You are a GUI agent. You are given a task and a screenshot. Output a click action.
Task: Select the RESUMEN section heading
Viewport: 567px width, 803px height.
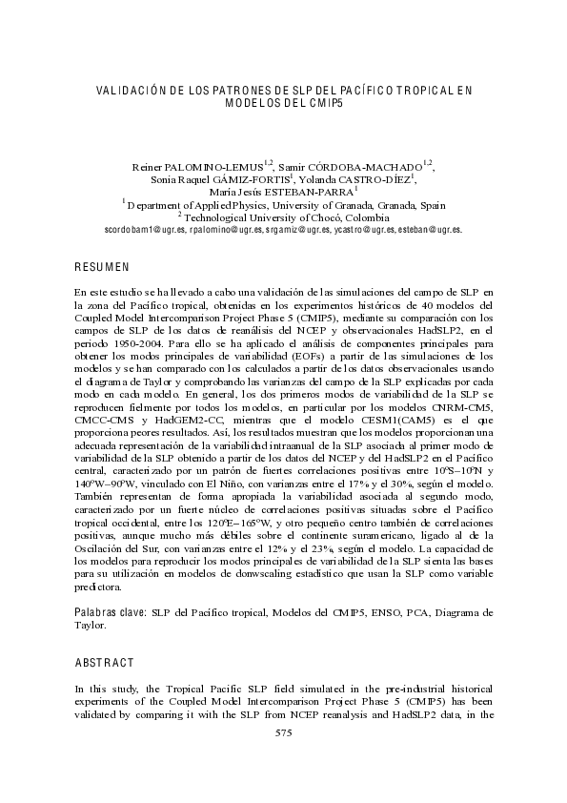click(x=102, y=266)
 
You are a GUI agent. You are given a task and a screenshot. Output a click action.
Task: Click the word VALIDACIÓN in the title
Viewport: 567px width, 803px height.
click(x=132, y=90)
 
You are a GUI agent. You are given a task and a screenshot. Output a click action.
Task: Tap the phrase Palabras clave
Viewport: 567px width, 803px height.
click(x=108, y=610)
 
